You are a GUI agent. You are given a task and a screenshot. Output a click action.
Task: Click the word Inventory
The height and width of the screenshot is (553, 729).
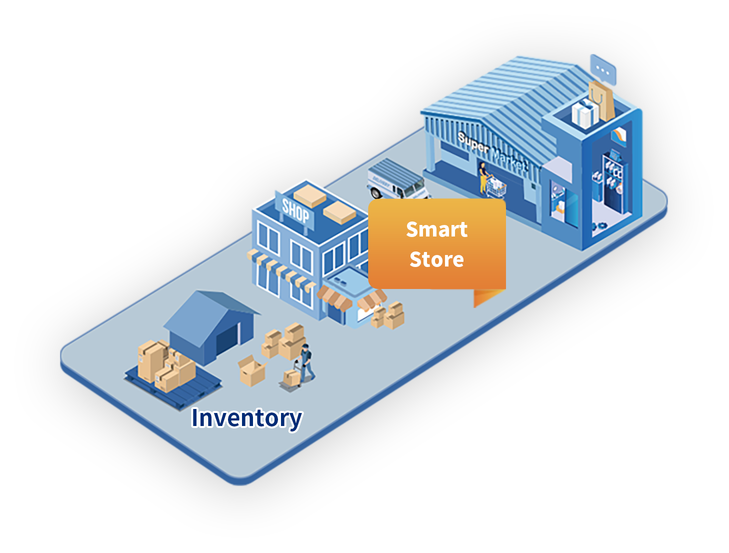(x=246, y=418)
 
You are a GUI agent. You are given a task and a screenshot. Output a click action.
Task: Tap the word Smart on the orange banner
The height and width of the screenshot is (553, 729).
(x=436, y=229)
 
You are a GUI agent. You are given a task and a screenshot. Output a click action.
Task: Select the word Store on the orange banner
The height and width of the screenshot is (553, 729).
(x=436, y=259)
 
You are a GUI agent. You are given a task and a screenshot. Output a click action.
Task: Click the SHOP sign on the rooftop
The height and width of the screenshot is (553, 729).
(x=295, y=210)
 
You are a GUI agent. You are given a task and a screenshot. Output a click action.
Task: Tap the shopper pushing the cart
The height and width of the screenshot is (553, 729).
(x=483, y=176)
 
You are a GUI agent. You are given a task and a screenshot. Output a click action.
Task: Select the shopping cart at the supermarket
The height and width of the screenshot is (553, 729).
(x=496, y=188)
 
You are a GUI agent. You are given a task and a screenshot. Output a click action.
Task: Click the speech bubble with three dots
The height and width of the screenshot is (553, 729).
(x=603, y=69)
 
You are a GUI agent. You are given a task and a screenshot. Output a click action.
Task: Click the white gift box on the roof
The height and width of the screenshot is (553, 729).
(x=584, y=114)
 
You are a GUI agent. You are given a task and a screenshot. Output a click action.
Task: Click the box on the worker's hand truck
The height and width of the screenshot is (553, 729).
(x=291, y=377)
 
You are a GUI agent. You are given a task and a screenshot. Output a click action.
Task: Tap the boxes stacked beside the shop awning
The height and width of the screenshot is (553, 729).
(x=389, y=314)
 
